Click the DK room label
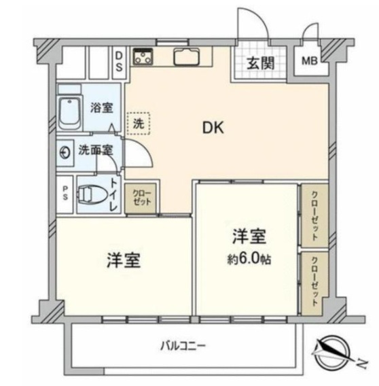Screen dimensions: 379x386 pyautogui.click(x=213, y=128)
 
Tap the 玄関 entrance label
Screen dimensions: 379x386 pyautogui.click(x=260, y=63)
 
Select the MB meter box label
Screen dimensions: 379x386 pyautogui.click(x=310, y=60)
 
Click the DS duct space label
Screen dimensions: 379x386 pyautogui.click(x=119, y=61)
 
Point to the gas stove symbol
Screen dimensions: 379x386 pyautogui.click(x=143, y=56)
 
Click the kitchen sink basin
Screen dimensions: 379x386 pyautogui.click(x=187, y=57)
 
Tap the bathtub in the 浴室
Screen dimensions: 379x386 pyautogui.click(x=70, y=112)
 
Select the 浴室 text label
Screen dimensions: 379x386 pyautogui.click(x=102, y=107)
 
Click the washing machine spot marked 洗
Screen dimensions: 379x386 pyautogui.click(x=139, y=124)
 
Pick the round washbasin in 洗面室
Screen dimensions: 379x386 pyautogui.click(x=65, y=153)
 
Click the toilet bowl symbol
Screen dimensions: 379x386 pyautogui.click(x=92, y=194)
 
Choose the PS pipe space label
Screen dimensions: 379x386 pyautogui.click(x=65, y=193)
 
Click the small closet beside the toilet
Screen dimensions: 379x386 pyautogui.click(x=141, y=198)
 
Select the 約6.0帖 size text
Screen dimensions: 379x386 pyautogui.click(x=249, y=259)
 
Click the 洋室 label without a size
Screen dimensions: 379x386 pyautogui.click(x=124, y=260)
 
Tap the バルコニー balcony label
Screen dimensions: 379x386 pyautogui.click(x=183, y=347)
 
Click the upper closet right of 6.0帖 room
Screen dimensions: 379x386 pyautogui.click(x=315, y=215)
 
